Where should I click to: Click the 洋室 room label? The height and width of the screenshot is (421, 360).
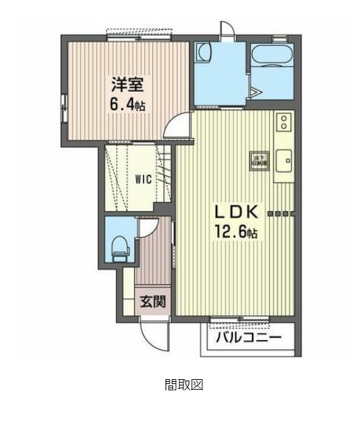pyautogui.click(x=127, y=86)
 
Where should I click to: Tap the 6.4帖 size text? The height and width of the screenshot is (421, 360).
pyautogui.click(x=128, y=105)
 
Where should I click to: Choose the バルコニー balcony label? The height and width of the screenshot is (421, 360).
pyautogui.click(x=248, y=338)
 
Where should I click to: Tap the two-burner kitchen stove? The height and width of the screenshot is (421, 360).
pyautogui.click(x=284, y=123)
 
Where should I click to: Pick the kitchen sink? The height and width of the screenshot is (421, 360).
pyautogui.click(x=285, y=160)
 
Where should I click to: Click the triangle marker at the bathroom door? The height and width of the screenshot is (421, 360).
pyautogui.click(x=257, y=91)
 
